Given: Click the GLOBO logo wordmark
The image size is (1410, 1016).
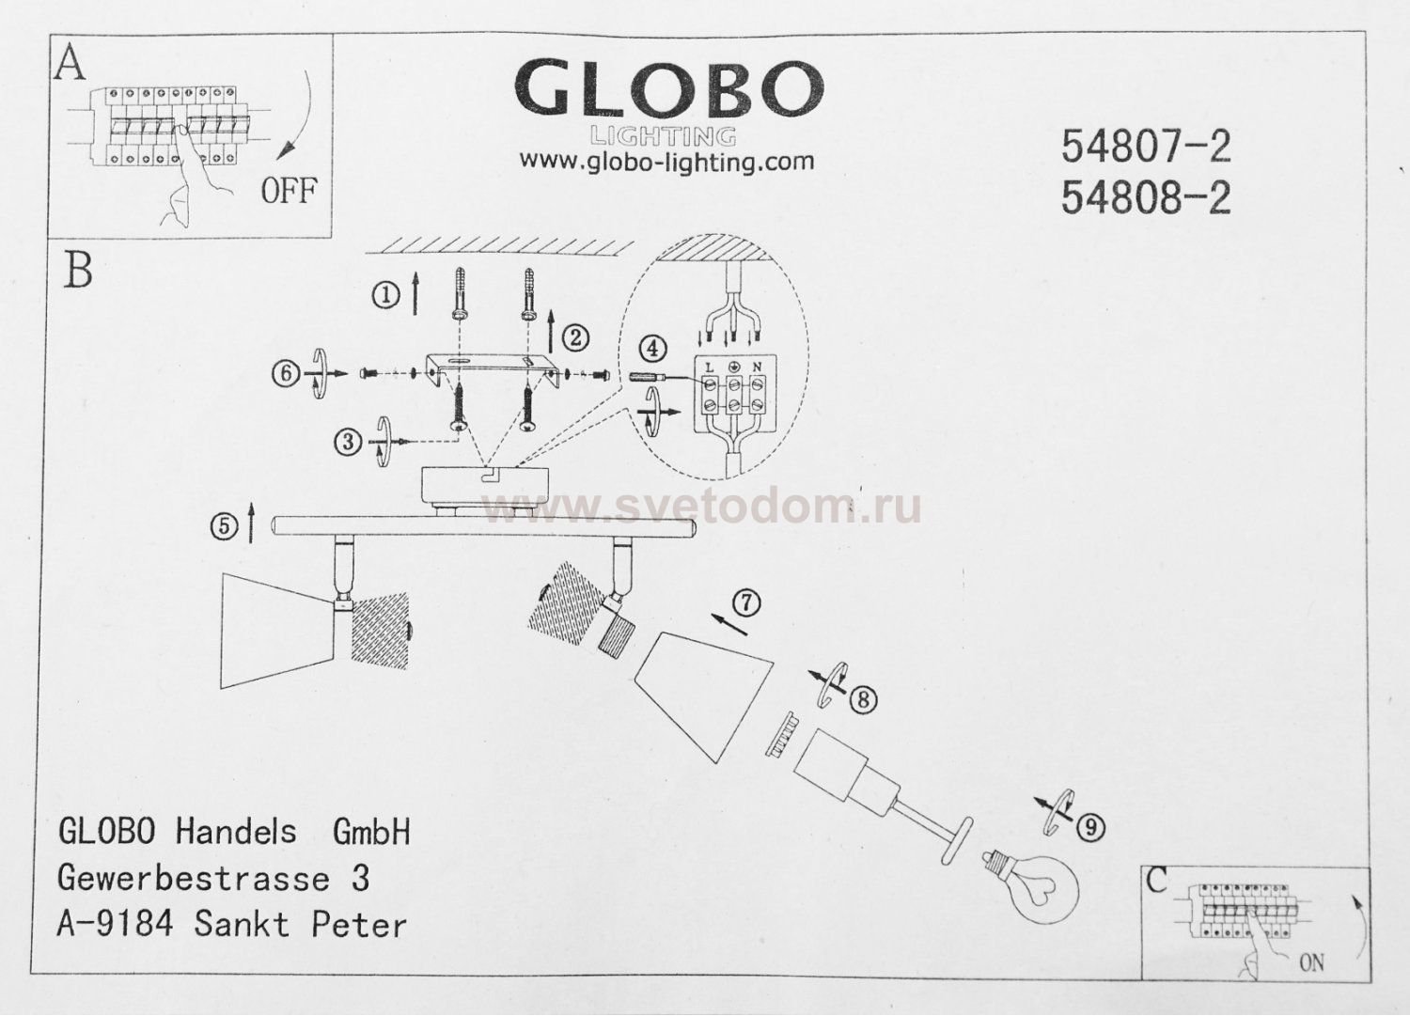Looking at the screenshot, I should [x=668, y=91].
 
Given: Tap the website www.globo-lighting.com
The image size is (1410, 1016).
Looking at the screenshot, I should [x=666, y=162].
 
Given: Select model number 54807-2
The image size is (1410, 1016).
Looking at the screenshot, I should [x=1145, y=146].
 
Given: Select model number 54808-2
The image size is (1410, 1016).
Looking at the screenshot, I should [x=1145, y=197].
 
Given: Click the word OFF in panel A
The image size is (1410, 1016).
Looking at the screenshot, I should [x=289, y=191].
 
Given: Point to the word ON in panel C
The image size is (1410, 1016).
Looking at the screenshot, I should [x=1312, y=962].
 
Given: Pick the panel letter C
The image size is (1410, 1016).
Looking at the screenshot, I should [x=1157, y=881].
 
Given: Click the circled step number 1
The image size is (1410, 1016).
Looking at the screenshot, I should [x=385, y=296].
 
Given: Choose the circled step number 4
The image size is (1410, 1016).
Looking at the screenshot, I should [x=652, y=349].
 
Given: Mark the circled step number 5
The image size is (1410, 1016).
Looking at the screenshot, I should [x=224, y=527].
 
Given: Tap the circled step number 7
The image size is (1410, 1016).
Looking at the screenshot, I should [x=745, y=602].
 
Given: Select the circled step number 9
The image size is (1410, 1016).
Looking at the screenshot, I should [x=1089, y=827].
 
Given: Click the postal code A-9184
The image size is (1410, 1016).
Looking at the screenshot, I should [x=116, y=924].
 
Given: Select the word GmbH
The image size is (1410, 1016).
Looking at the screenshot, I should [x=372, y=831].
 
